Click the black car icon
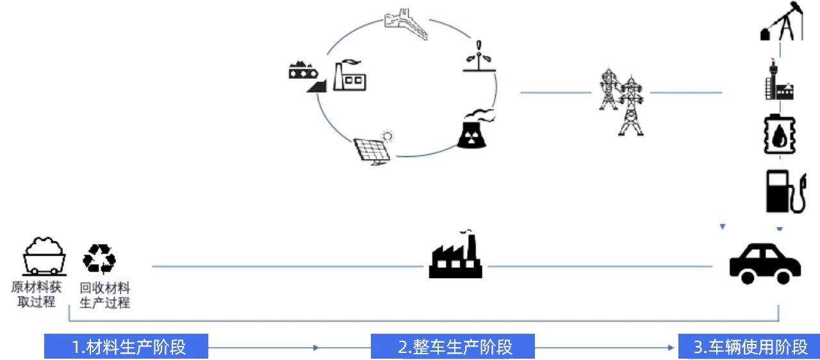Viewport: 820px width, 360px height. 765,262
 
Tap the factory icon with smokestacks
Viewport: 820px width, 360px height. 455,256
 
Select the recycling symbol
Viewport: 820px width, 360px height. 99,259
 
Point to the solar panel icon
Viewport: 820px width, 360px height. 374,148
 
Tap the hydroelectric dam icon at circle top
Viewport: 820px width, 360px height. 406,24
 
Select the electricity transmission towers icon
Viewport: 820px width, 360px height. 621,101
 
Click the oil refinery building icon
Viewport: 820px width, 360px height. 778,83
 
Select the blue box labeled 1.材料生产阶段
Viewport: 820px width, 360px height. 126,347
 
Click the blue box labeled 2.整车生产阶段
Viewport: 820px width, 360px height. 452,347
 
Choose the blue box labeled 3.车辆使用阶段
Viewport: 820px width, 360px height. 749,347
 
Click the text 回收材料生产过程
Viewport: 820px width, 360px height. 104,295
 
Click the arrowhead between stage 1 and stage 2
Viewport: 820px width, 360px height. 315,347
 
